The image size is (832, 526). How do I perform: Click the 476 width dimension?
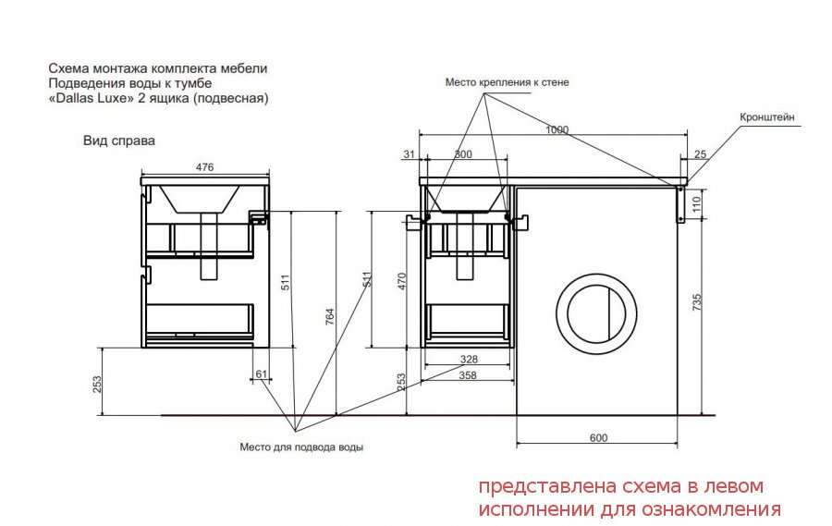pyautogui.click(x=204, y=167)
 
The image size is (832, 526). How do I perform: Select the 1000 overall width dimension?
pyautogui.click(x=557, y=129)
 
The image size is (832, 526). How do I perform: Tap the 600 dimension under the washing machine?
pyautogui.click(x=598, y=438)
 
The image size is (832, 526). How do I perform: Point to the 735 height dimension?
pyautogui.click(x=697, y=302)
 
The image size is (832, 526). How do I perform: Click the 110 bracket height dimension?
pyautogui.click(x=697, y=203)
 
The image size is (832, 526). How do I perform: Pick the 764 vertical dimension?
pyautogui.click(x=329, y=316)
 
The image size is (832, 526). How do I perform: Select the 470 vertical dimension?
pyautogui.click(x=402, y=281)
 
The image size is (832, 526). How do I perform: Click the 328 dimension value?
pyautogui.click(x=469, y=360)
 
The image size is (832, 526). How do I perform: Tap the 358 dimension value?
pyautogui.click(x=468, y=375)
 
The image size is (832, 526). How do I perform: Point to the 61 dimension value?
pyautogui.click(x=261, y=374)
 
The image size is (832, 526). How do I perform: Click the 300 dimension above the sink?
pyautogui.click(x=463, y=154)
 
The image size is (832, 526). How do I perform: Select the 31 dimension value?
pyautogui.click(x=409, y=154)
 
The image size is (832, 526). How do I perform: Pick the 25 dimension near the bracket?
pyautogui.click(x=701, y=154)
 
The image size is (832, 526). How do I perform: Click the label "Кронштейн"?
pyautogui.click(x=767, y=117)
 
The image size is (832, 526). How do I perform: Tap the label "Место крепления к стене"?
pyautogui.click(x=507, y=82)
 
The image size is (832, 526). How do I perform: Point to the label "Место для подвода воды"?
pyautogui.click(x=301, y=446)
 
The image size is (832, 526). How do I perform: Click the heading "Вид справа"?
pyautogui.click(x=119, y=141)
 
